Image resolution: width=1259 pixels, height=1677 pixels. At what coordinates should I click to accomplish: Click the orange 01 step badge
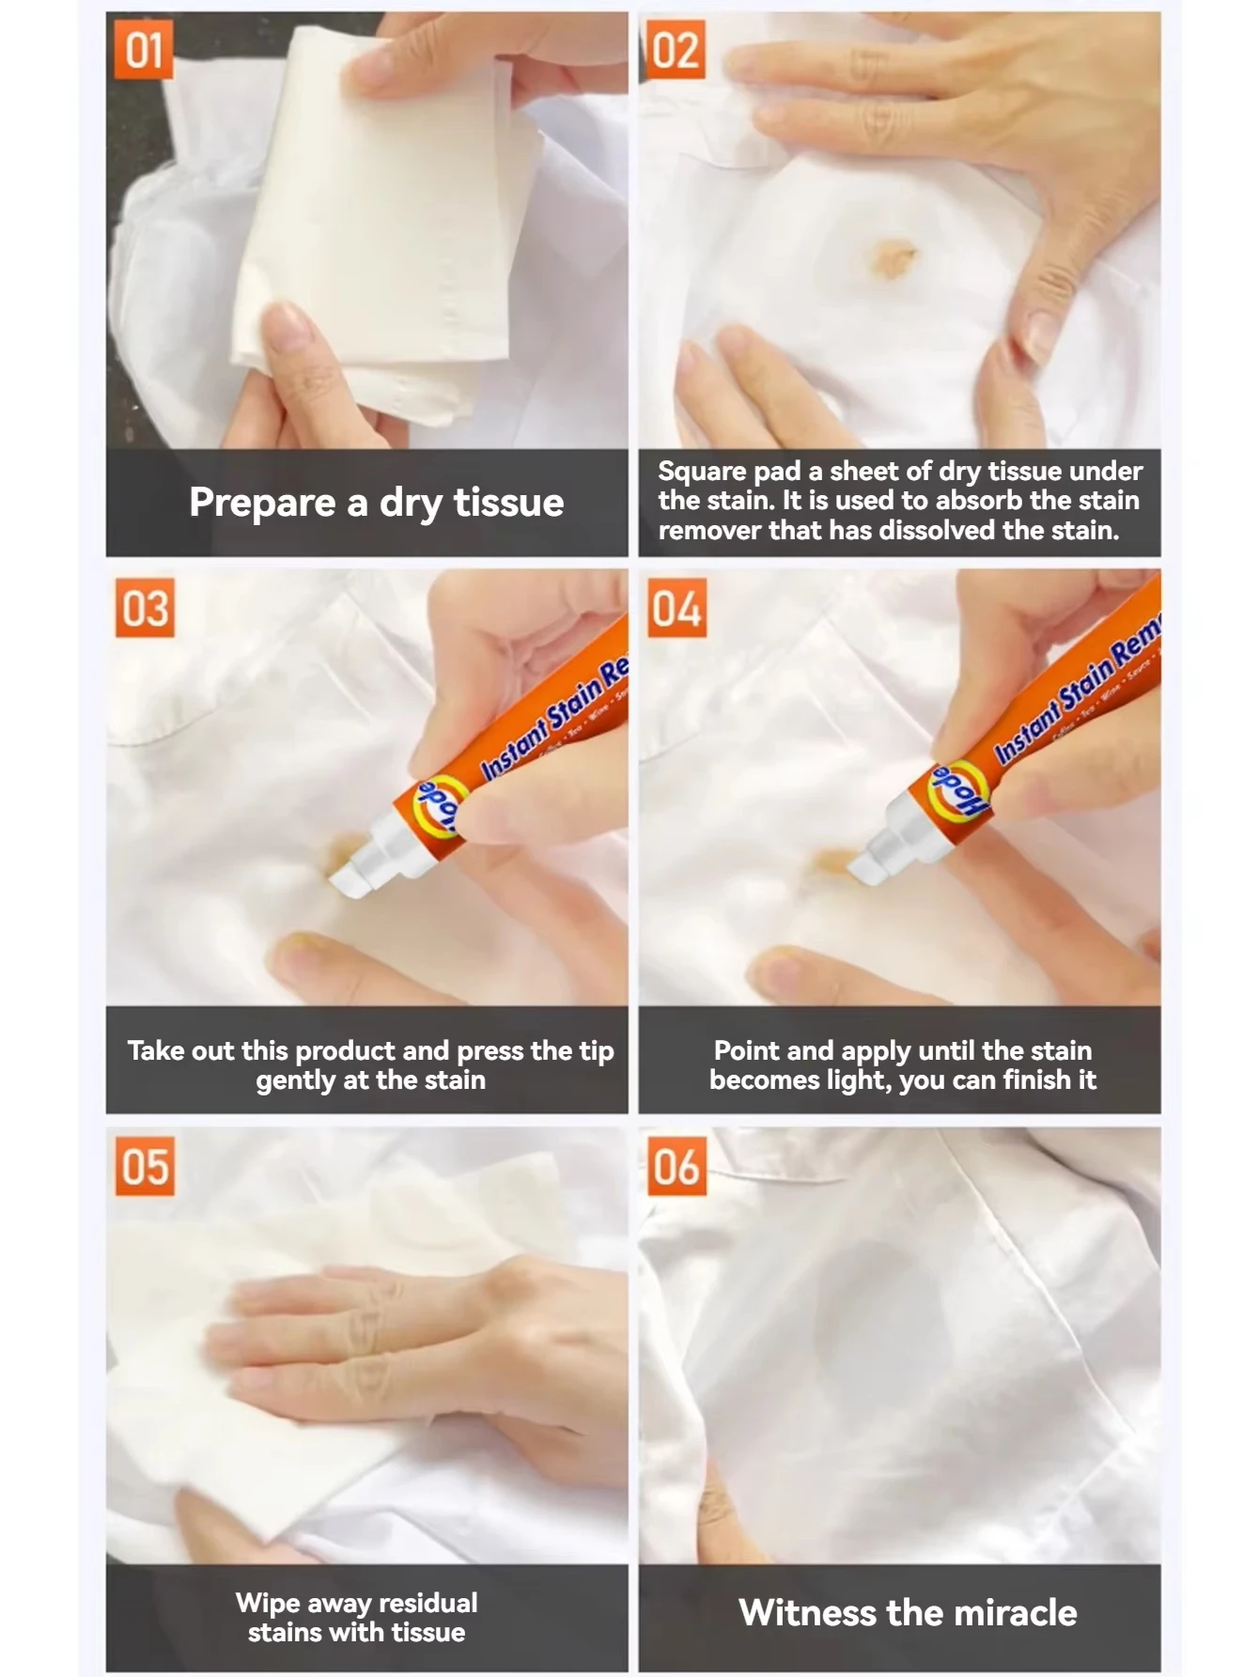144,50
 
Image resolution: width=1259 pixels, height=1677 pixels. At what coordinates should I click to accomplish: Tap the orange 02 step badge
676,50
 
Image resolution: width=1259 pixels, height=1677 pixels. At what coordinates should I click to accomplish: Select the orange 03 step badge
145,608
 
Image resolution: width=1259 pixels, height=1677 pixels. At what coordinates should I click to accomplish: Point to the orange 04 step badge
676,608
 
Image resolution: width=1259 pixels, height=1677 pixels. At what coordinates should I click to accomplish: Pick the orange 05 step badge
145,1166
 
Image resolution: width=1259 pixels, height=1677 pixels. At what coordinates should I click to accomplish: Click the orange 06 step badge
676,1166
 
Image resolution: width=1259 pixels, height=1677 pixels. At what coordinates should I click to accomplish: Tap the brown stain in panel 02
893,255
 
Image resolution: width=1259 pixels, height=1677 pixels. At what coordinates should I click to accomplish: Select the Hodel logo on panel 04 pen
958,791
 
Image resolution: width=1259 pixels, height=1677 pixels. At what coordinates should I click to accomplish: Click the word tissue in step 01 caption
508,503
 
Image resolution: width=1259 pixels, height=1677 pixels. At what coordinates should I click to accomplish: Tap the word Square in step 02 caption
701,471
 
